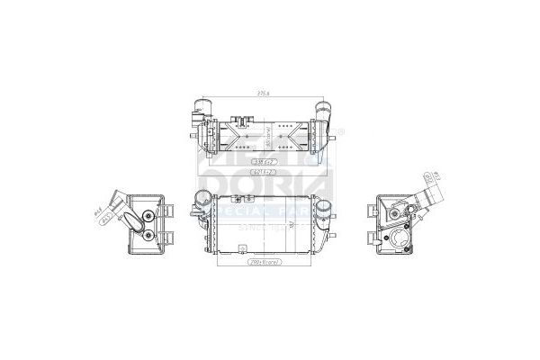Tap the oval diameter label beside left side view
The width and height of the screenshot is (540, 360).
coord(101,213)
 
